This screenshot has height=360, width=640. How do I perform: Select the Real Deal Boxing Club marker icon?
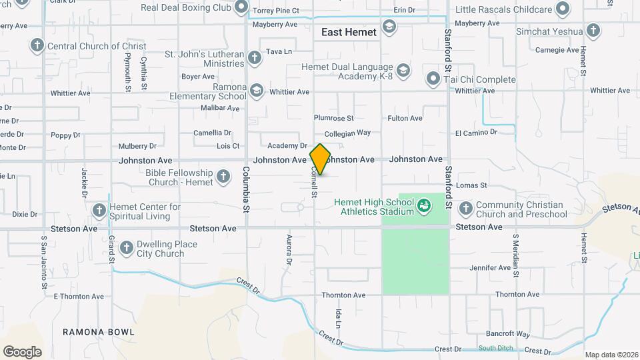tap(241, 8)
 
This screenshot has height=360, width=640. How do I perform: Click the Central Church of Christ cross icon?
tap(37, 46)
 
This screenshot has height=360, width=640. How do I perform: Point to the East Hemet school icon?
tap(389, 27)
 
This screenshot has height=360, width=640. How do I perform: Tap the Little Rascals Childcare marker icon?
tap(563, 9)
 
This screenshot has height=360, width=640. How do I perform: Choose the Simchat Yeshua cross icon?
tap(593, 31)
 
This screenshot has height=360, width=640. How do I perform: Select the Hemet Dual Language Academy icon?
tap(403, 70)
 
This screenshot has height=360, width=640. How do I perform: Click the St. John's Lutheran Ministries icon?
tap(254, 58)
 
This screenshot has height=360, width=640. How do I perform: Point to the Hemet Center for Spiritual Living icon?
tap(99, 211)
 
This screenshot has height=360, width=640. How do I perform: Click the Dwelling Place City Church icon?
tap(126, 249)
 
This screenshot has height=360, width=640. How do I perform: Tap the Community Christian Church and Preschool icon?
tap(465, 209)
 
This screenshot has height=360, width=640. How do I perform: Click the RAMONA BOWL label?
tap(99, 331)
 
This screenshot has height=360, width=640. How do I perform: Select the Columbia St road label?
tap(246, 199)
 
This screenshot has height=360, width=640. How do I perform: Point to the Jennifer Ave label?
tap(490, 268)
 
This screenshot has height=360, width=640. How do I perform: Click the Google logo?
tap(22, 351)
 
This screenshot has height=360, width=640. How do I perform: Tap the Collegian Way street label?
tap(347, 133)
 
